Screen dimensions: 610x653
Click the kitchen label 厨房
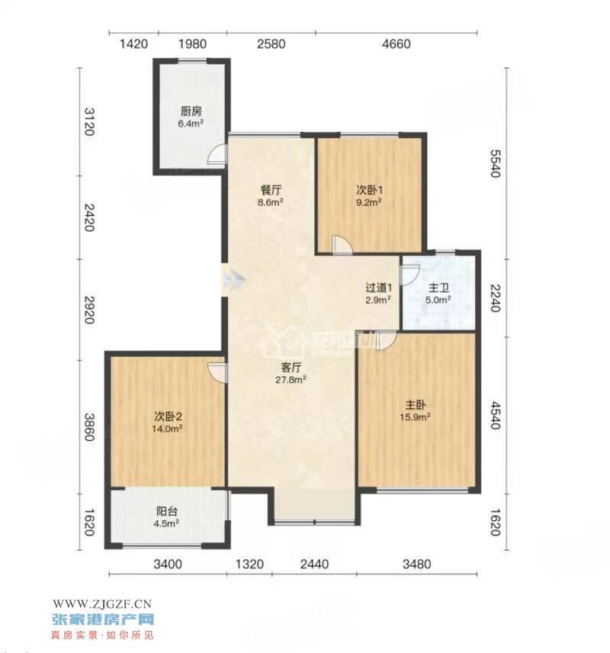(191, 111)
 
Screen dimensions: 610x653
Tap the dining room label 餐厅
(271, 190)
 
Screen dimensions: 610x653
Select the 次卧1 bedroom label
(369, 190)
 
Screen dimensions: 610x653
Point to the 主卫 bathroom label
(438, 288)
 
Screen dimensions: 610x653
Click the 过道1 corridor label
(379, 288)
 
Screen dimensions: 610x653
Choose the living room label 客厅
(291, 368)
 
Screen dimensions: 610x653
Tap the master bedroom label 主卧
(415, 405)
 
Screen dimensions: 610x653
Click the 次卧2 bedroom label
(168, 416)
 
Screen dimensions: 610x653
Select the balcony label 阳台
(166, 511)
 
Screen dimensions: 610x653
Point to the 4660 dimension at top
(396, 43)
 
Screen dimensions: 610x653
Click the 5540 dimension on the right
(495, 163)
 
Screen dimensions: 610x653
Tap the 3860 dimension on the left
(89, 426)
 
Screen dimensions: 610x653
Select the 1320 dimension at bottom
(249, 564)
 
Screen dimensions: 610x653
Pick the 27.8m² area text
(291, 379)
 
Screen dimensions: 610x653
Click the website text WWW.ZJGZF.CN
(102, 603)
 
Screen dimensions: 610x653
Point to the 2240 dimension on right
(495, 298)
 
